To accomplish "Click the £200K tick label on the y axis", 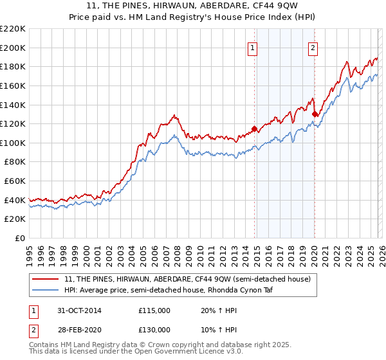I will pyautogui.click(x=14, y=48).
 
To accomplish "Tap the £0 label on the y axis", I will pyautogui.click(x=21, y=239).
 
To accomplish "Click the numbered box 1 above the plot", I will pyautogui.click(x=253, y=48).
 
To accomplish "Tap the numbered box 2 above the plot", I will pyautogui.click(x=313, y=48).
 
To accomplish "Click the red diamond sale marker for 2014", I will pyautogui.click(x=254, y=129).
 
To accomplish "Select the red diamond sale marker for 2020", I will pyautogui.click(x=315, y=114).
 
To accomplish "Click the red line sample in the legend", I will pyautogui.click(x=46, y=279).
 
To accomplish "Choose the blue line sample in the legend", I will pyautogui.click(x=46, y=290).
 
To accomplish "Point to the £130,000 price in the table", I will pyautogui.click(x=154, y=329).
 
